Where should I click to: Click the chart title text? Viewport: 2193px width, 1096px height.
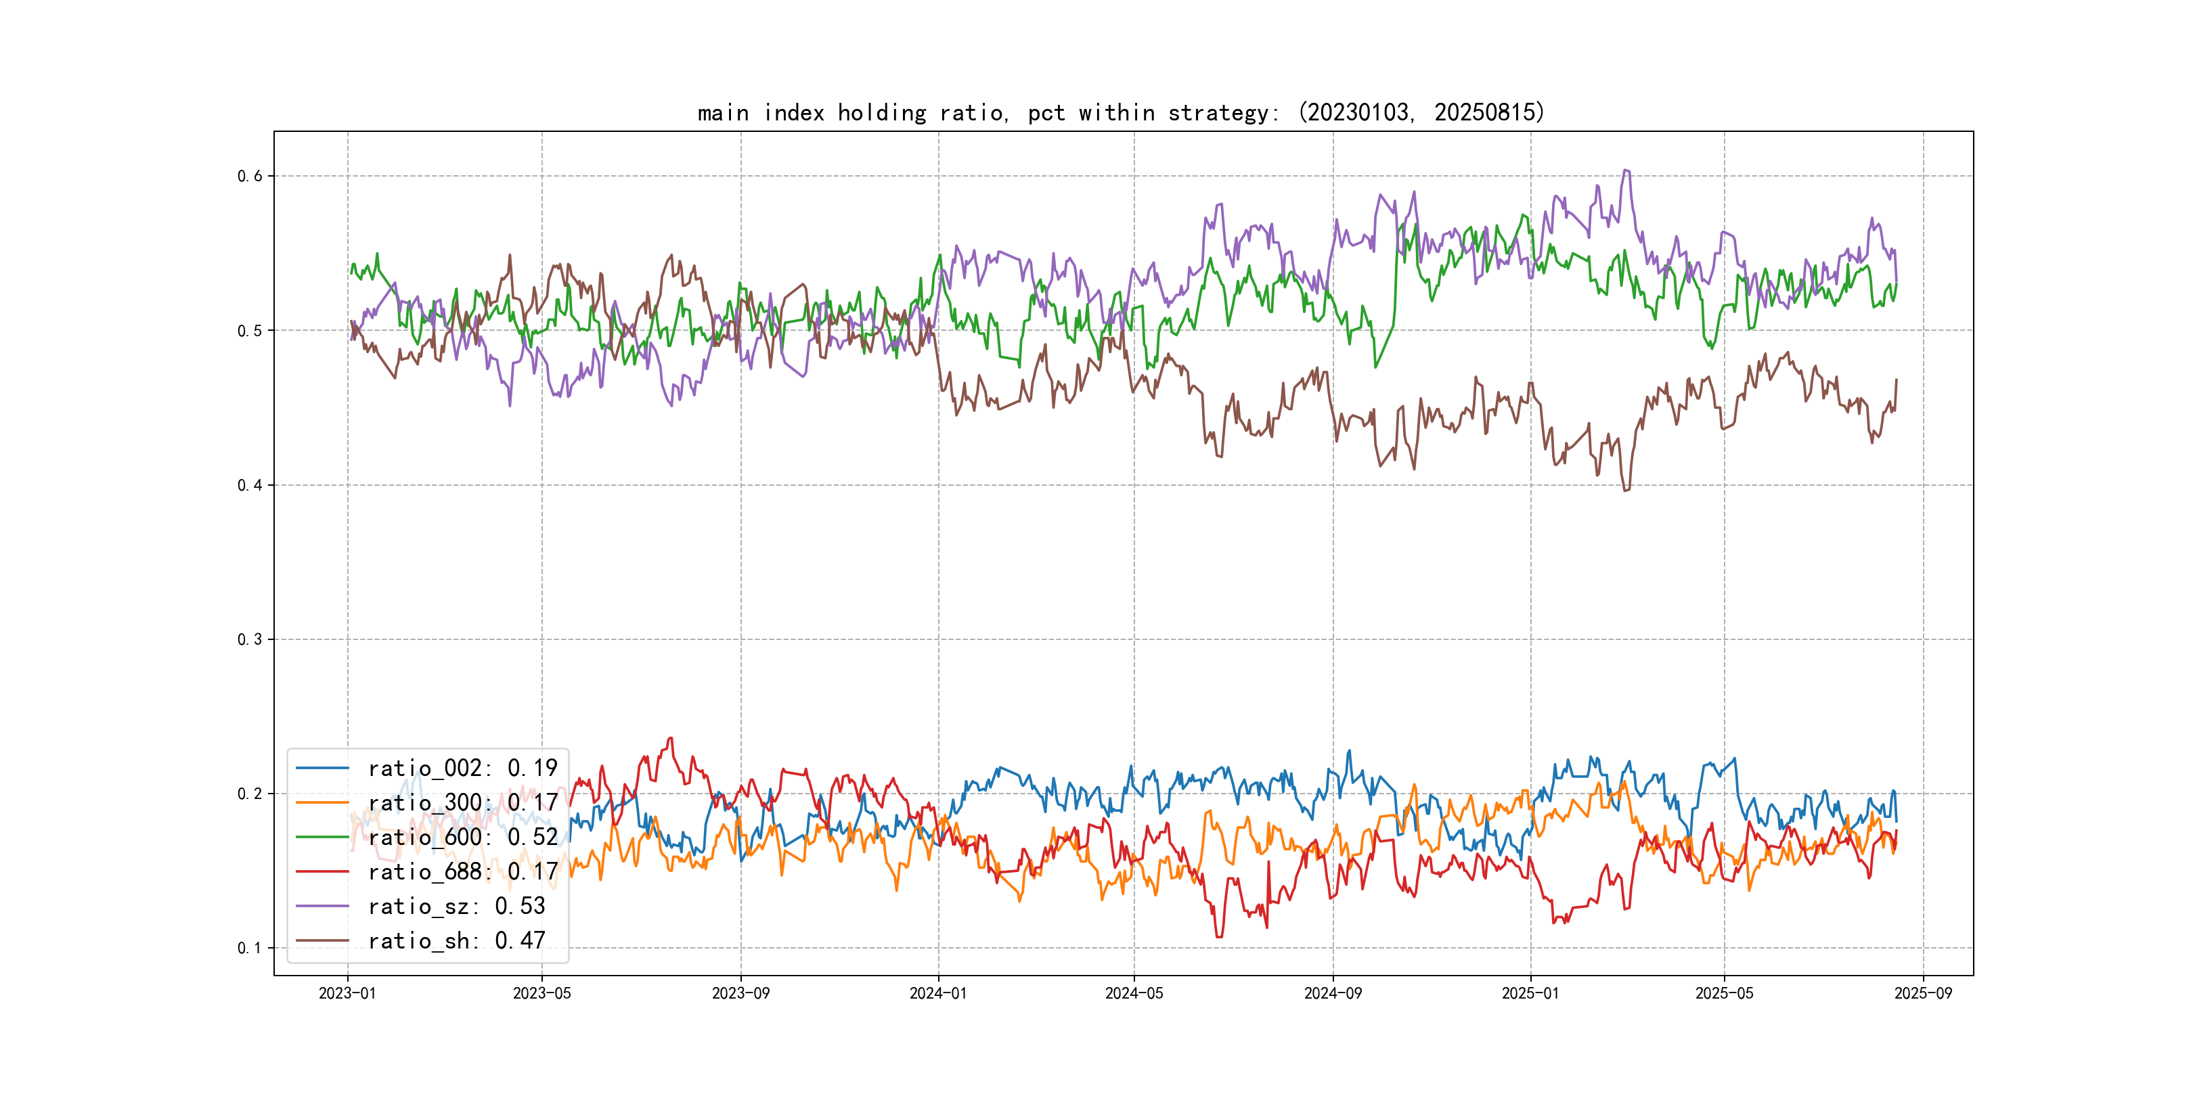(x=1120, y=112)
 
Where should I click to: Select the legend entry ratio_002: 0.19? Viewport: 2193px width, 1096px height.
(x=462, y=769)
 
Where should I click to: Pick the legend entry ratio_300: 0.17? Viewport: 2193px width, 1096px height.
(x=462, y=802)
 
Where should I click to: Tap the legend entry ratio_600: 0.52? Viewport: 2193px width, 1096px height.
(x=462, y=838)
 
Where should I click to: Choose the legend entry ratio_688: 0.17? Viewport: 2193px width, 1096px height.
(x=462, y=871)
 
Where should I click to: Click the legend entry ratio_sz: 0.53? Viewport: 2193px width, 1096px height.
(x=456, y=907)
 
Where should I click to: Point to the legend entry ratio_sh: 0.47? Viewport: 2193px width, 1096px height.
(x=456, y=940)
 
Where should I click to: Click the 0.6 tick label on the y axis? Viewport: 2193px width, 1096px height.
(x=250, y=176)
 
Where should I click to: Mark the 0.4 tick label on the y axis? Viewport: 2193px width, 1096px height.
(x=250, y=485)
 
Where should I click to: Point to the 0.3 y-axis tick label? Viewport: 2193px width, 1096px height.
(x=250, y=639)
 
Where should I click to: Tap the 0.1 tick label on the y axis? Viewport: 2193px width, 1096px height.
(x=250, y=948)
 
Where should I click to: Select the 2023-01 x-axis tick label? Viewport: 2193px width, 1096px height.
(x=347, y=993)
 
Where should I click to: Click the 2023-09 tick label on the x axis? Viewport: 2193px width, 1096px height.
(x=740, y=993)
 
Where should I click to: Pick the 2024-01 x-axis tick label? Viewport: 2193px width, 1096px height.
(x=938, y=993)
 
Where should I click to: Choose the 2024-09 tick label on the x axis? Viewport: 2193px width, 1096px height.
(x=1333, y=993)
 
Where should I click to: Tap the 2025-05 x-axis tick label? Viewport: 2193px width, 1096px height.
(x=1725, y=993)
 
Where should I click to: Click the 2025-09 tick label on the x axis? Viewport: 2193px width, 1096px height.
(x=1923, y=993)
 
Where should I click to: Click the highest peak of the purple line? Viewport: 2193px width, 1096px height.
(x=1625, y=170)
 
